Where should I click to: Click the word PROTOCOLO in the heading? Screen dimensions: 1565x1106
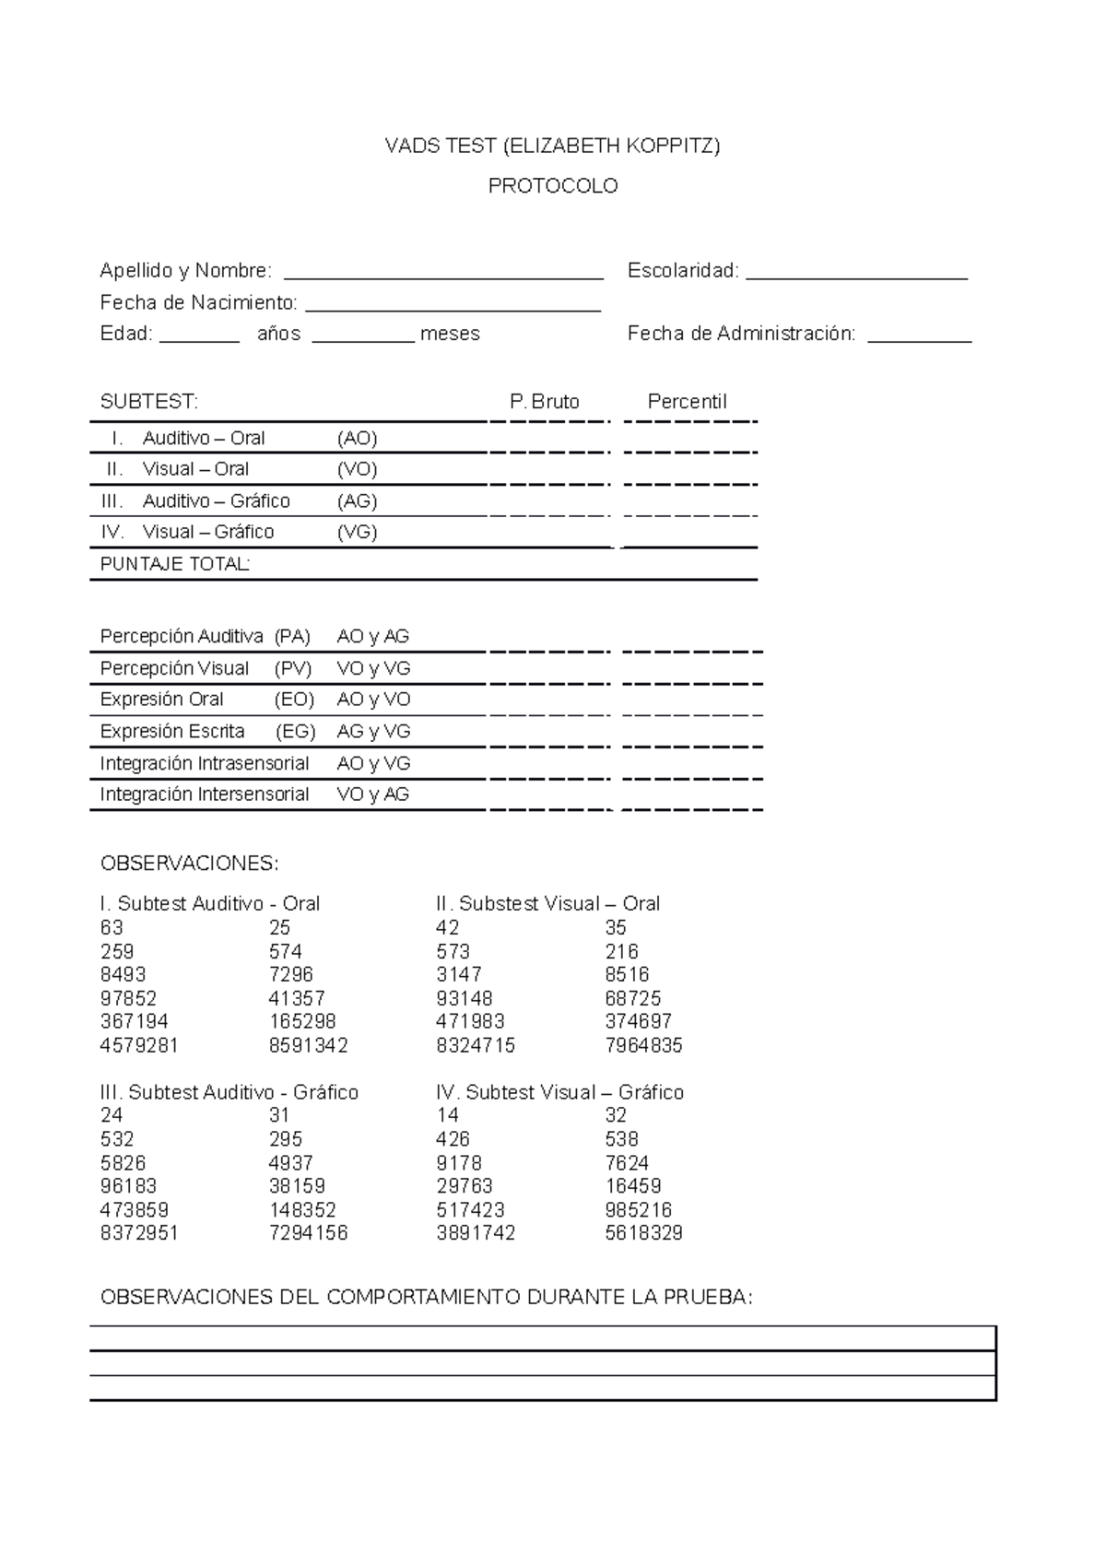coord(552,186)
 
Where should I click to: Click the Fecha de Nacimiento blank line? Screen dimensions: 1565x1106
coord(453,306)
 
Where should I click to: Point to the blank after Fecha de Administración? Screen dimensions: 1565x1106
coord(920,336)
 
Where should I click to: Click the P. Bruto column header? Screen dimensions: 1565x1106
coord(544,402)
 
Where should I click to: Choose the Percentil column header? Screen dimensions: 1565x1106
coord(687,402)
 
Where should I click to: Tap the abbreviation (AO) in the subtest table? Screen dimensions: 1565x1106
coord(357,439)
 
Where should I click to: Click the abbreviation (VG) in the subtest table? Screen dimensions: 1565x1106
coord(357,532)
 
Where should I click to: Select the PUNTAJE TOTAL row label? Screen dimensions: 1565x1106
coord(174,564)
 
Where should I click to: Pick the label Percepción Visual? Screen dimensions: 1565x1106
coord(174,668)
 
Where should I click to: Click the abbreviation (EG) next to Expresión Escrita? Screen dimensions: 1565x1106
coord(295,732)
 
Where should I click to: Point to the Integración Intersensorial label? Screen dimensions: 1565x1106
coord(204,794)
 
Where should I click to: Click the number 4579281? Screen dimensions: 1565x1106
coord(138,1046)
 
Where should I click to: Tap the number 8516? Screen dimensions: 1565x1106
coord(627,975)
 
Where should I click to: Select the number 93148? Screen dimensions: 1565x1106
coord(464,999)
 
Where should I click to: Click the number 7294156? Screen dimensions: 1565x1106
coord(308,1233)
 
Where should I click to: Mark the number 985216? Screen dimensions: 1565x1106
coord(638,1210)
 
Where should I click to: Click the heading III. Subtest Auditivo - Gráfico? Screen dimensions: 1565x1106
coord(229,1093)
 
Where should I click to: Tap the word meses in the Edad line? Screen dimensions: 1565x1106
coord(450,335)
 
